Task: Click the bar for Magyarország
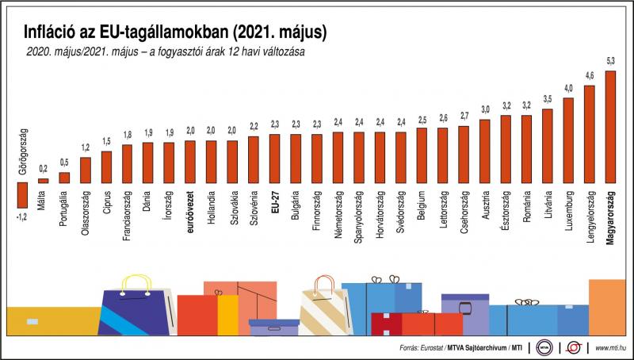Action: (609, 127)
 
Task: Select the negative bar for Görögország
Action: (21, 192)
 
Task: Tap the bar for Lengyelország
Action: (589, 134)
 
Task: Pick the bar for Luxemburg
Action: (568, 140)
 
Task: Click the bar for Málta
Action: (43, 181)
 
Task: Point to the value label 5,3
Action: (609, 61)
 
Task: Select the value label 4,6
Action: (589, 75)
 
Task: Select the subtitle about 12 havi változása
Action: (166, 52)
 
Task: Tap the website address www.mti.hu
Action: (608, 348)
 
